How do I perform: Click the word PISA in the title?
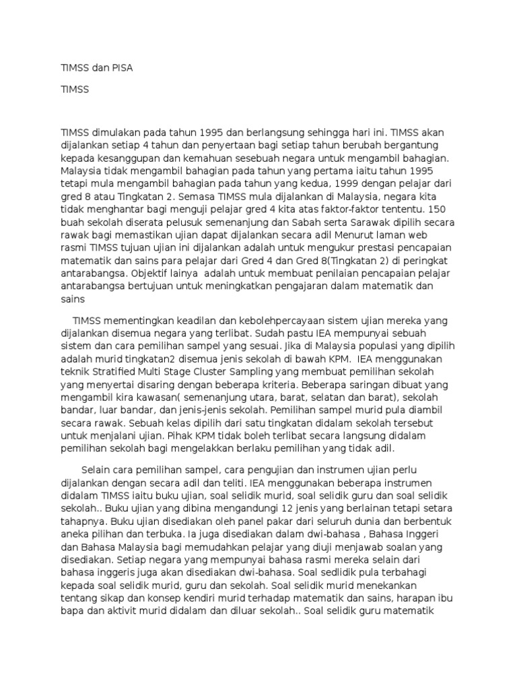coord(129,69)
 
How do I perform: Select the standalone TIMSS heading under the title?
coord(75,89)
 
